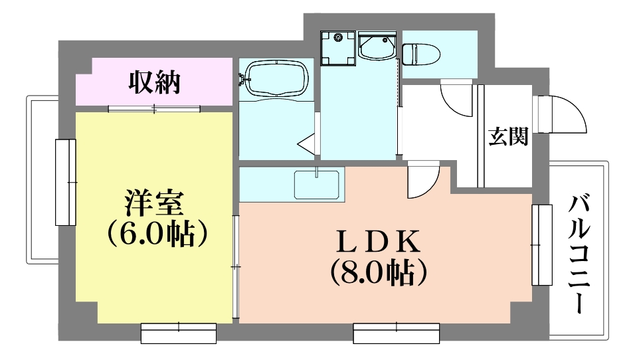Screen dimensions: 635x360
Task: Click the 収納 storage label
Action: click(x=154, y=82)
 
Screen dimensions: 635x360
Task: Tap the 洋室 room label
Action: click(x=154, y=203)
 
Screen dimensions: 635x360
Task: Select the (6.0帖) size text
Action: click(x=157, y=234)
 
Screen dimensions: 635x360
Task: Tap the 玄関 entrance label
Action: click(x=509, y=136)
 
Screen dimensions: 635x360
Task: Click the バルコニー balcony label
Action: click(x=579, y=254)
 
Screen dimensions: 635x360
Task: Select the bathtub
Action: click(x=278, y=78)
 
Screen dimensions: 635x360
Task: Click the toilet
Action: click(x=421, y=54)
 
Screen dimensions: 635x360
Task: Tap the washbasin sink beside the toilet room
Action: click(x=377, y=46)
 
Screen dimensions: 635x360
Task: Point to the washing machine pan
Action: click(x=338, y=48)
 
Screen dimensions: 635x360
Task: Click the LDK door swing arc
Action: click(x=430, y=187)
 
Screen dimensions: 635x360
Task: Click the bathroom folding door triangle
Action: click(x=307, y=143)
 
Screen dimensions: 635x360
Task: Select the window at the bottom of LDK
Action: click(x=396, y=333)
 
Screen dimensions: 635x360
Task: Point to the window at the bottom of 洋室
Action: click(x=179, y=333)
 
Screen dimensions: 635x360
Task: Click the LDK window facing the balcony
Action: click(x=542, y=245)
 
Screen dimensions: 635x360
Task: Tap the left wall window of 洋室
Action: click(x=66, y=182)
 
